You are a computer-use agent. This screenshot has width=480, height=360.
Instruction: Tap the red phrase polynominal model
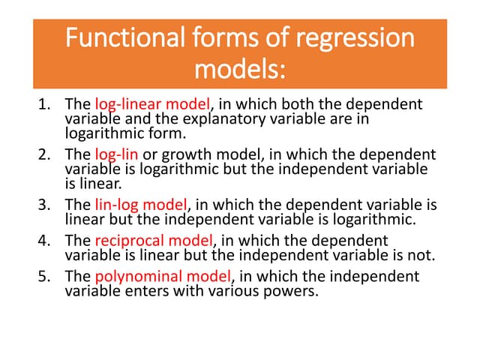161,276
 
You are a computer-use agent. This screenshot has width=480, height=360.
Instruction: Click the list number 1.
43,104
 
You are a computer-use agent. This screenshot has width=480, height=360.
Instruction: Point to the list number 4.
43,241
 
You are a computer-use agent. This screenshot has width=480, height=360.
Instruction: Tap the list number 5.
43,276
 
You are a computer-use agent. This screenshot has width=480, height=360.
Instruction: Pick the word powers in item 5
294,289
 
